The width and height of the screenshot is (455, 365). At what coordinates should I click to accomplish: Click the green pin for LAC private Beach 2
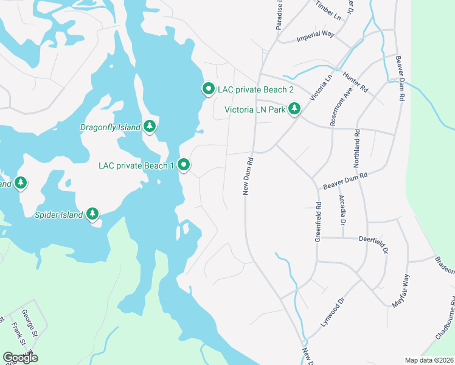(x=208, y=89)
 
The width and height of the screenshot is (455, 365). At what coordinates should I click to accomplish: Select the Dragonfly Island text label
(x=110, y=127)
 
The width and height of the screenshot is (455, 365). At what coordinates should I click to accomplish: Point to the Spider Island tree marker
(x=92, y=214)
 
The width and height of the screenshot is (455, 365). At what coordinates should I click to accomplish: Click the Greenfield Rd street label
(x=318, y=221)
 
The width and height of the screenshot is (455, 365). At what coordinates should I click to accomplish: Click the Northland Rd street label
(x=357, y=150)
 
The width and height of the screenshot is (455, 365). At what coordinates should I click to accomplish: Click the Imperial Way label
(x=316, y=35)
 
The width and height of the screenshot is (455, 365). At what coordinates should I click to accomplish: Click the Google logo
(x=20, y=357)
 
